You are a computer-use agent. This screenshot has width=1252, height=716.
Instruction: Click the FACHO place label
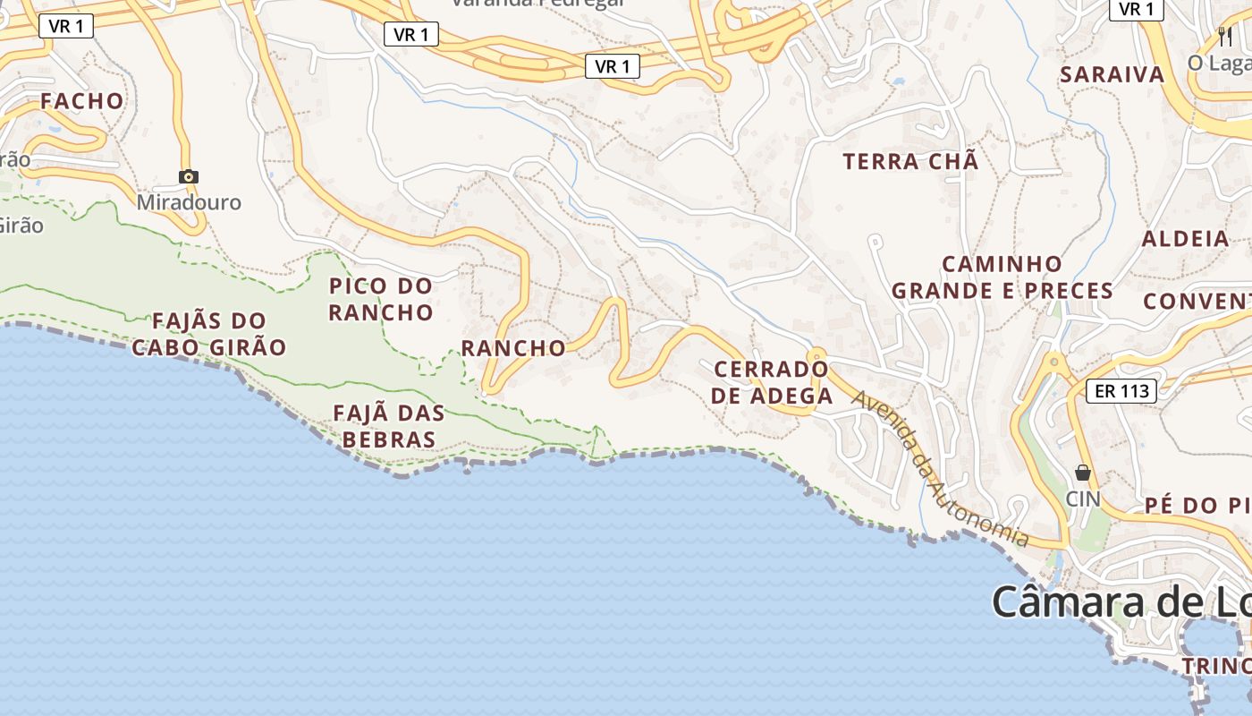click(81, 100)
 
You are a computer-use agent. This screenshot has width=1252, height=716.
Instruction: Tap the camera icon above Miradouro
click(188, 176)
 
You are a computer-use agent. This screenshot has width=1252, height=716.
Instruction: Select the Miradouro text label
click(189, 202)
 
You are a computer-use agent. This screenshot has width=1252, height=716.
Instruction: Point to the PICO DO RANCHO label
click(381, 299)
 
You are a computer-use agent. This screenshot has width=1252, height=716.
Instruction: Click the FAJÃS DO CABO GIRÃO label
click(209, 334)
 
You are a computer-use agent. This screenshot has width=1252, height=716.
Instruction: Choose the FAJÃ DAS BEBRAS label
click(389, 426)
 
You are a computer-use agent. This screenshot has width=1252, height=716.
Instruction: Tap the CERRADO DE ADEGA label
click(772, 382)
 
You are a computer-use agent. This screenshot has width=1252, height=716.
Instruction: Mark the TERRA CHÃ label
click(910, 162)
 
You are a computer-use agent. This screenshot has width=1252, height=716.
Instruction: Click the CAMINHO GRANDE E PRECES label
click(1002, 277)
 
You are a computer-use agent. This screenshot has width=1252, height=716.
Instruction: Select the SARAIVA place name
click(1112, 74)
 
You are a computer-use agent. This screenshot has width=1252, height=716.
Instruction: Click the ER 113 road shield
click(1121, 391)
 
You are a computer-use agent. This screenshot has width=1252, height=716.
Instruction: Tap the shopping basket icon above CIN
click(1083, 472)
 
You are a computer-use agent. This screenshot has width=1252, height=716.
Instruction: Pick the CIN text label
click(1083, 498)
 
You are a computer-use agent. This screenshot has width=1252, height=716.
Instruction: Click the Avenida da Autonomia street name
click(939, 468)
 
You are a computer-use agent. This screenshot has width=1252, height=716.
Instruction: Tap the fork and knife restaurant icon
click(1225, 36)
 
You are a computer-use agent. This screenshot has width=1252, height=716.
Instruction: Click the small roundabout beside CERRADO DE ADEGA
click(816, 356)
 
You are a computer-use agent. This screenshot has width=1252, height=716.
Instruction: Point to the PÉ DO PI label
click(1197, 506)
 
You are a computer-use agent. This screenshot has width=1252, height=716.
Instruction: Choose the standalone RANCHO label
click(513, 348)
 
